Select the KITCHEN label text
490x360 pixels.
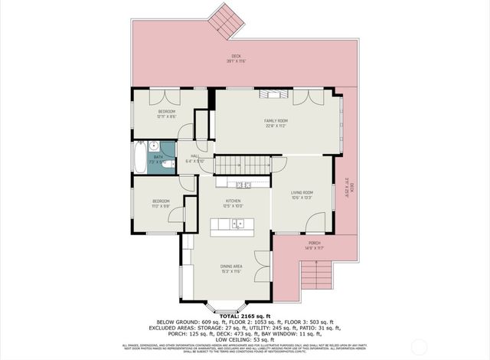pyautogui.click(x=233, y=203)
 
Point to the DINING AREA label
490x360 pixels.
pyautogui.click(x=232, y=268)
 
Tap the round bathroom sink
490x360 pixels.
pyautogui.click(x=154, y=147)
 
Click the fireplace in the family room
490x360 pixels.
pyautogui.click(x=272, y=94)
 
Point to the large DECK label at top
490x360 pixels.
pyautogui.click(x=237, y=56)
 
